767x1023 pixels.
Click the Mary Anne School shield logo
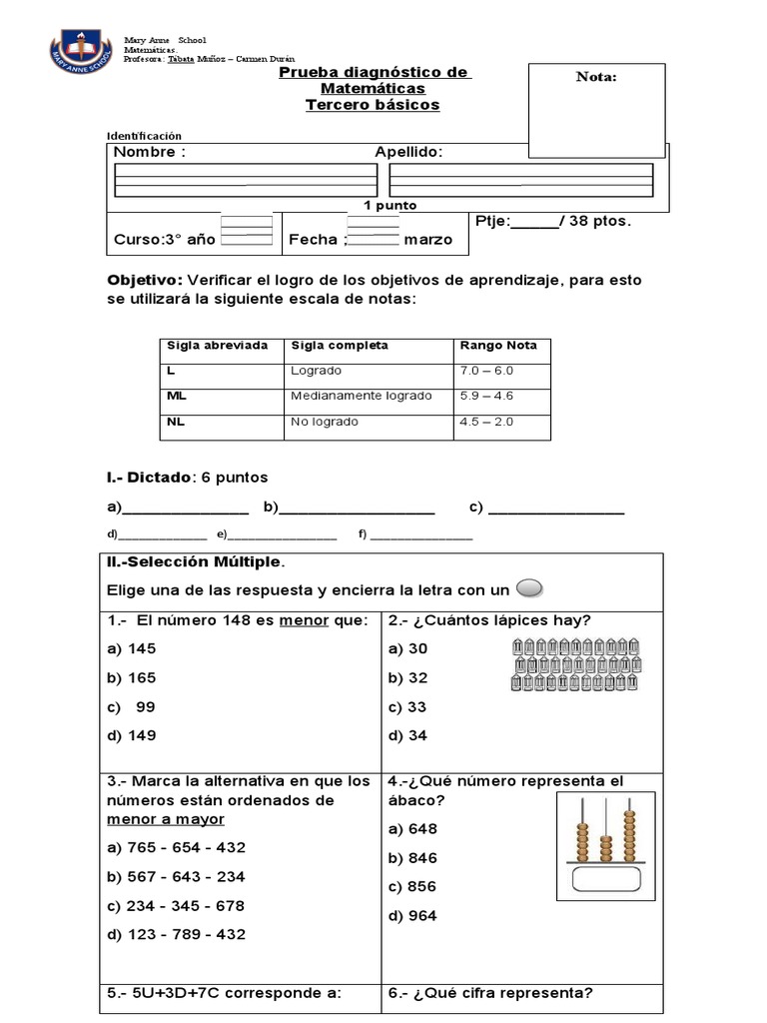82,50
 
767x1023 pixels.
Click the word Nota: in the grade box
596,78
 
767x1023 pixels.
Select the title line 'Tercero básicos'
373,105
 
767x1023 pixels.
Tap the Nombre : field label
149,152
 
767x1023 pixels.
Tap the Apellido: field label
408,152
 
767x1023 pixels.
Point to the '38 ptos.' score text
599,221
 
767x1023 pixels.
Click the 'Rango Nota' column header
497,346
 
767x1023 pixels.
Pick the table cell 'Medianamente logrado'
362,396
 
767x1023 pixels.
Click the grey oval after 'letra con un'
530,588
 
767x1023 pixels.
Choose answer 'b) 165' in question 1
132,677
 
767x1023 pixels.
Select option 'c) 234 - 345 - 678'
175,906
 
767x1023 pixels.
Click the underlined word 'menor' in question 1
304,620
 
